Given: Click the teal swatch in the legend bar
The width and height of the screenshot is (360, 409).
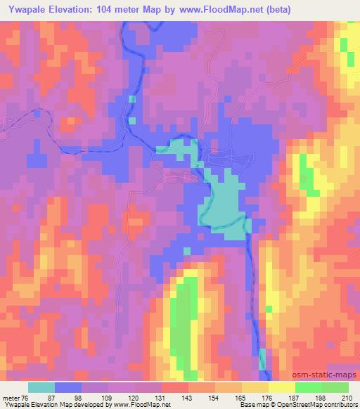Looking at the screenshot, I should pos(41,387).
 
